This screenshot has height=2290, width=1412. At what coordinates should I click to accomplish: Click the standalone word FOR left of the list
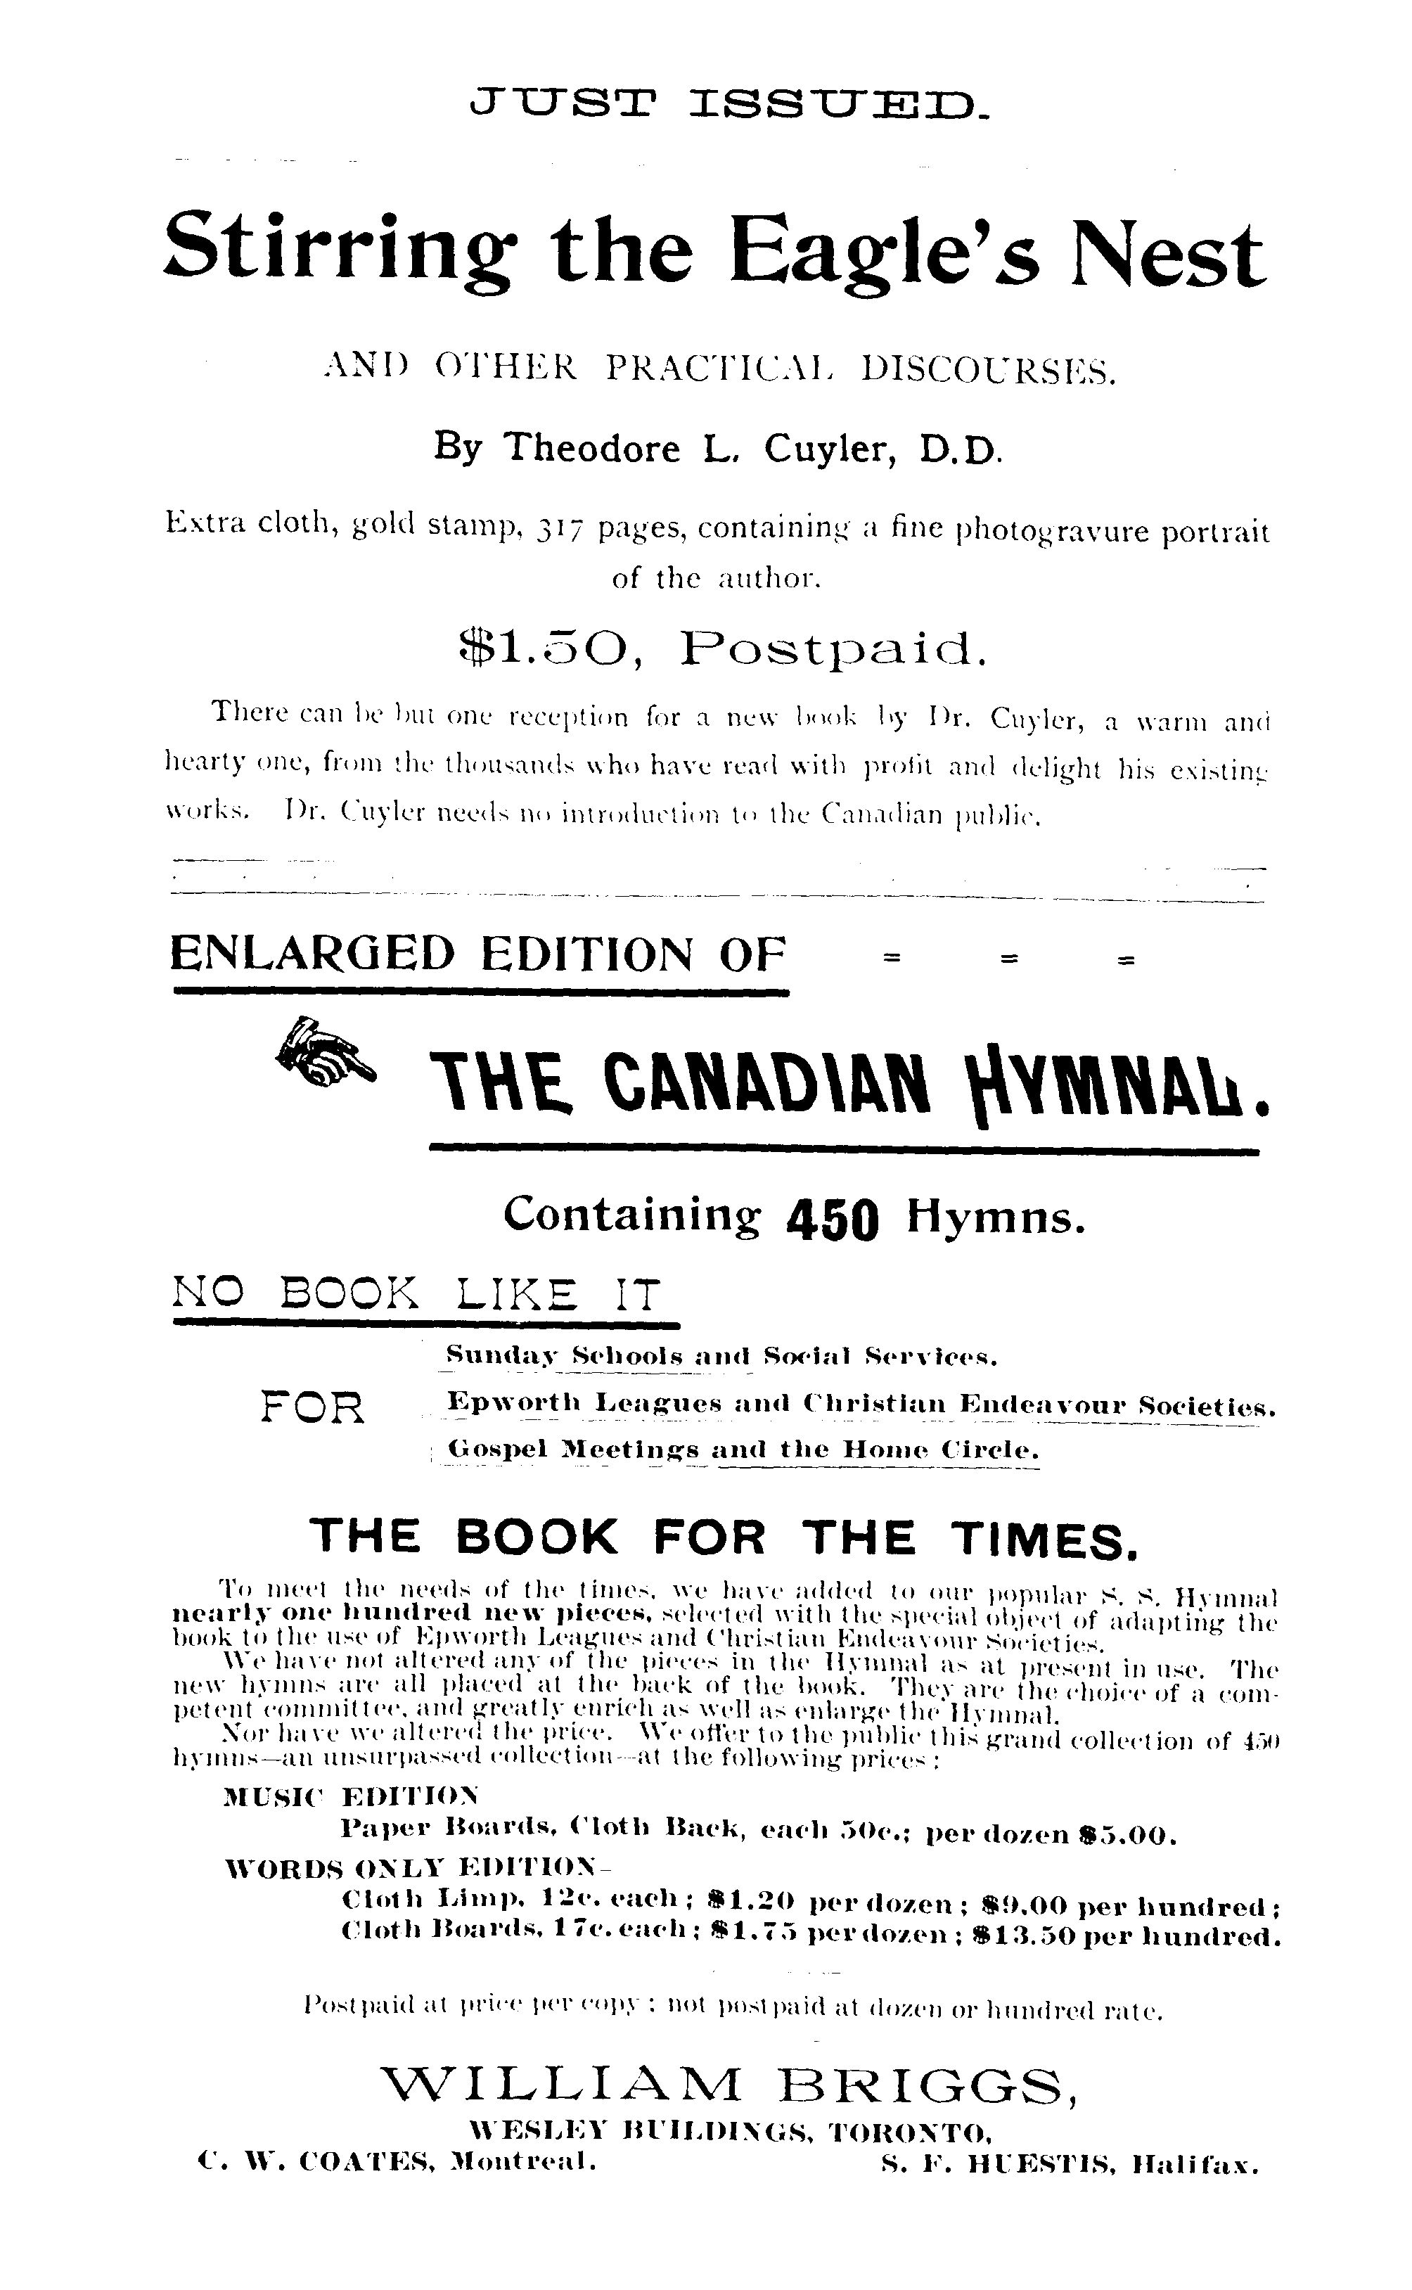pos(313,1407)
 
